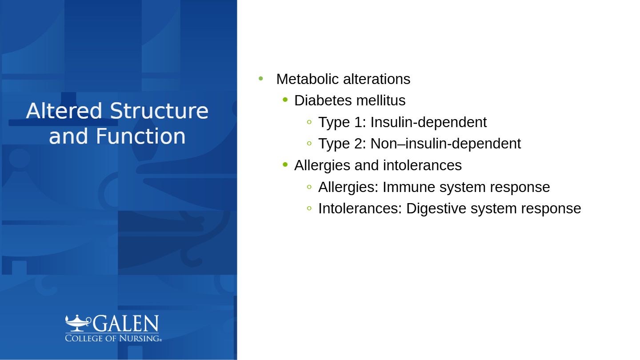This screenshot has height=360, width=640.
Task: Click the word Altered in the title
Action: click(x=64, y=111)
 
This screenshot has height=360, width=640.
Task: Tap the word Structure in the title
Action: click(x=159, y=111)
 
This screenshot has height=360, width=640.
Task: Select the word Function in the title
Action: click(x=140, y=136)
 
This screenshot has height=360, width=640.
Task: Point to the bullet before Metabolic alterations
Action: click(x=260, y=78)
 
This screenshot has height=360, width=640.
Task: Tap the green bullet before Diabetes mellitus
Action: click(x=285, y=100)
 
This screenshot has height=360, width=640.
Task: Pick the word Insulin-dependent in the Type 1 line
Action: click(x=428, y=122)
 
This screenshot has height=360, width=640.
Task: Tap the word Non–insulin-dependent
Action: click(x=446, y=144)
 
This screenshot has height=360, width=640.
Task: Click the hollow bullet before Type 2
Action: click(x=309, y=143)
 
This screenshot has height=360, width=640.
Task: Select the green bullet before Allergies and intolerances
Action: click(x=285, y=164)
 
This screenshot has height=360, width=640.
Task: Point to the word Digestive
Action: click(x=436, y=208)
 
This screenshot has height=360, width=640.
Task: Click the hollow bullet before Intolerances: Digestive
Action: click(x=309, y=208)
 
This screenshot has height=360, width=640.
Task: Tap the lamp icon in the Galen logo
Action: click(x=78, y=324)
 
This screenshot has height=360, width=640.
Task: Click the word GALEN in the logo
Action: click(x=126, y=324)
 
